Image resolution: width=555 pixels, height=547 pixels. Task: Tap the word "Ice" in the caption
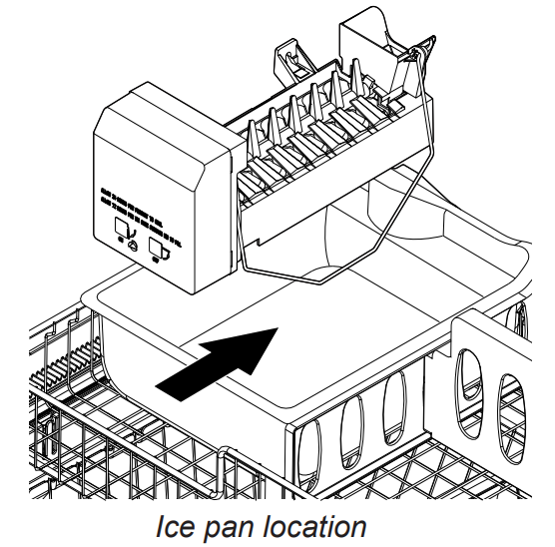click(175, 526)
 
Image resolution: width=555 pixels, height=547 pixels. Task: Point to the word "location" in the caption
click(314, 526)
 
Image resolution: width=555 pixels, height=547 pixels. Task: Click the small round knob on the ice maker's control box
click(134, 246)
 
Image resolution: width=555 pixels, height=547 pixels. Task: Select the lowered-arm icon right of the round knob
click(159, 249)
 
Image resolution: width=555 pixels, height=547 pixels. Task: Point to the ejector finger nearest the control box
click(253, 138)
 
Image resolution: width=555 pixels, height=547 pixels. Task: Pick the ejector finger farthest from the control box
click(356, 77)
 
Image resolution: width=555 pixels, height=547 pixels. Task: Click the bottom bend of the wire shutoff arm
click(320, 281)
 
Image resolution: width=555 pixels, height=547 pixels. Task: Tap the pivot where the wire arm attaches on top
click(413, 53)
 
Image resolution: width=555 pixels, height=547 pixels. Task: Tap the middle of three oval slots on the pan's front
click(353, 431)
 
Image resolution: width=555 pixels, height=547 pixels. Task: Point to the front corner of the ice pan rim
click(290, 424)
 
